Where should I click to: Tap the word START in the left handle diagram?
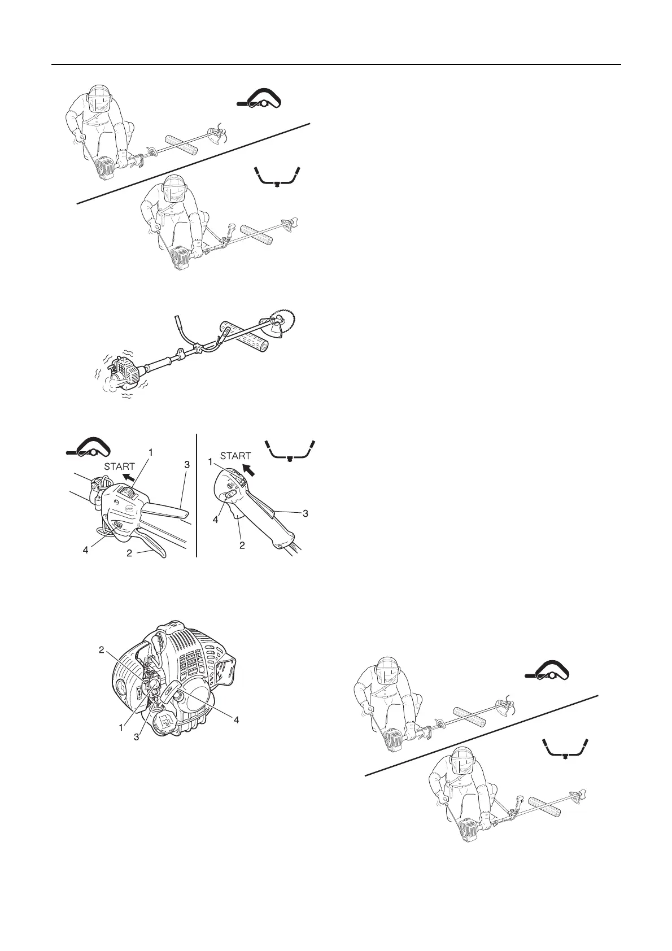120,466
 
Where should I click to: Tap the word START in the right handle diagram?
235,456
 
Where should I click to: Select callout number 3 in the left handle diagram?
187,464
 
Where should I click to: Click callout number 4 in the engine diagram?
237,719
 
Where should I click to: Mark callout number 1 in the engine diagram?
121,728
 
